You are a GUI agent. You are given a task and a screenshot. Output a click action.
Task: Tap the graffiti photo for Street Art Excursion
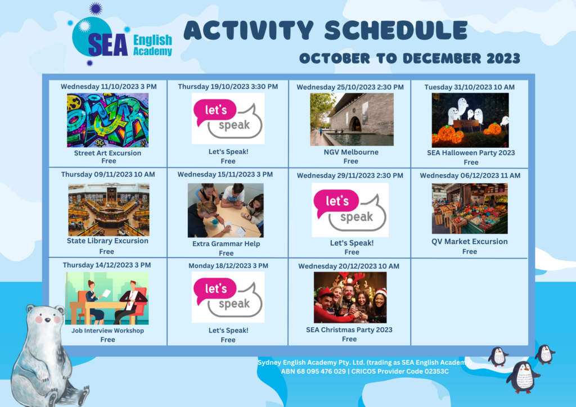(x=107, y=120)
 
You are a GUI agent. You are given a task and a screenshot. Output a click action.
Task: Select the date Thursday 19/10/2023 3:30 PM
(x=228, y=87)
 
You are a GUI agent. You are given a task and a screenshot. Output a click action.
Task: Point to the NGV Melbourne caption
(x=351, y=152)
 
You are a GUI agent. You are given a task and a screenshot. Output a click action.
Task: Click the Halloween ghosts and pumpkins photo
(x=470, y=120)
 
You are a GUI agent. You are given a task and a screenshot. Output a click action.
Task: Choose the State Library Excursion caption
(x=107, y=241)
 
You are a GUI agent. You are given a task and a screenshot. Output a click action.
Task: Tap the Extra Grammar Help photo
(x=226, y=210)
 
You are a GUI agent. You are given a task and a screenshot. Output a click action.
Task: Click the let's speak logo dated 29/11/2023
(x=350, y=210)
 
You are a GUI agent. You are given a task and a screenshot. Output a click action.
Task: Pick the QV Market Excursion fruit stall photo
(x=470, y=209)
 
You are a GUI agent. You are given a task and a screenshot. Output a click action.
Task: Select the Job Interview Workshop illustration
(x=107, y=298)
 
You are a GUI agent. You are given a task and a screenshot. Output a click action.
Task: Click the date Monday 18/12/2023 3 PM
(x=228, y=266)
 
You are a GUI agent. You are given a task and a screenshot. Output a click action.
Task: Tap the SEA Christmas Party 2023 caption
(x=349, y=329)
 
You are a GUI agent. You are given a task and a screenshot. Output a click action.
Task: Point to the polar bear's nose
(x=47, y=320)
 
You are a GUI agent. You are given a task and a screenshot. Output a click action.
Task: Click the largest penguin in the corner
(x=523, y=377)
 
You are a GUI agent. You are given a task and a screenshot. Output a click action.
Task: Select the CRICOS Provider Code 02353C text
(x=400, y=372)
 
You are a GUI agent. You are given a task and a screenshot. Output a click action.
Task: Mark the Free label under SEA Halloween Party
(x=471, y=162)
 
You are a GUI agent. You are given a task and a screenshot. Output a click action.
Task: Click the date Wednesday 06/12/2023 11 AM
(x=470, y=175)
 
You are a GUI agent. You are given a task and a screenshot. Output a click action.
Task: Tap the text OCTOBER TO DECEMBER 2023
(x=409, y=58)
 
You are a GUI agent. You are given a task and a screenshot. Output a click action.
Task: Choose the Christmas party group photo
(x=350, y=297)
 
